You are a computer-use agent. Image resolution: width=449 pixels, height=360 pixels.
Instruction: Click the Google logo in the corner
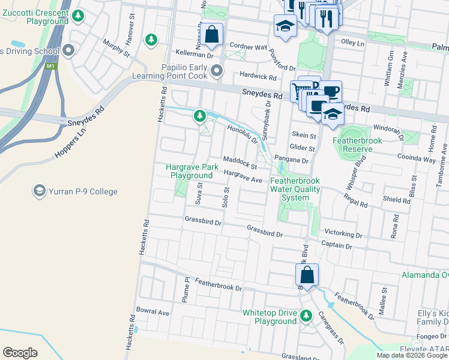(20, 353)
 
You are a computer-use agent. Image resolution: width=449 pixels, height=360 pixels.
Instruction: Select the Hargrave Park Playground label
(191, 171)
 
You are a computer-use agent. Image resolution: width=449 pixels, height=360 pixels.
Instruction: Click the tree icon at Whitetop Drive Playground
(306, 314)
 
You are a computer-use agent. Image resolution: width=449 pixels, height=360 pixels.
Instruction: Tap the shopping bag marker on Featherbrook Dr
(307, 275)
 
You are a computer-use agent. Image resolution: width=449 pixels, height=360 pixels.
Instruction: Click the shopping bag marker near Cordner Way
(212, 34)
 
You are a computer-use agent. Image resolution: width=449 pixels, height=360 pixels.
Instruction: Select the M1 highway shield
(52, 66)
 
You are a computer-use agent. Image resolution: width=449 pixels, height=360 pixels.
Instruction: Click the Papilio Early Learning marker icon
(217, 71)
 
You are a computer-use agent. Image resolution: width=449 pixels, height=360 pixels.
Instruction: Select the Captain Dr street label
(336, 245)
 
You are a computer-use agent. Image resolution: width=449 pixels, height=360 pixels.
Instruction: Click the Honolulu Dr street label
(243, 133)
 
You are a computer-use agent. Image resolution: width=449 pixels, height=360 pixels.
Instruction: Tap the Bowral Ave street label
(153, 312)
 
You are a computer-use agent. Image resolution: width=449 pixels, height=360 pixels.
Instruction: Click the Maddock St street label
(240, 162)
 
